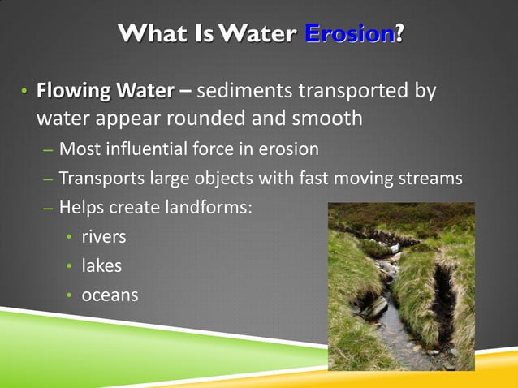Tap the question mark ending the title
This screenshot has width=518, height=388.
399,34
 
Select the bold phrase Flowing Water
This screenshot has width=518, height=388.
105,90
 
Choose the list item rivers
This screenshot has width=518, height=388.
104,238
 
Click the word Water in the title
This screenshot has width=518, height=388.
263,34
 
